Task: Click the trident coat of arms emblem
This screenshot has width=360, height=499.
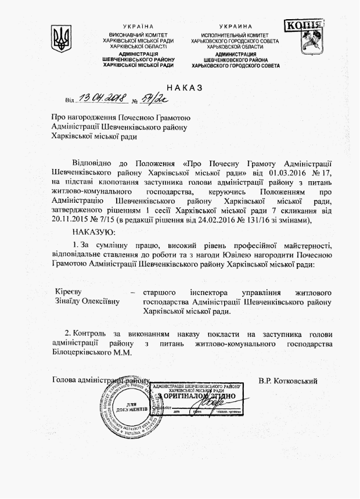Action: pyautogui.click(x=60, y=38)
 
